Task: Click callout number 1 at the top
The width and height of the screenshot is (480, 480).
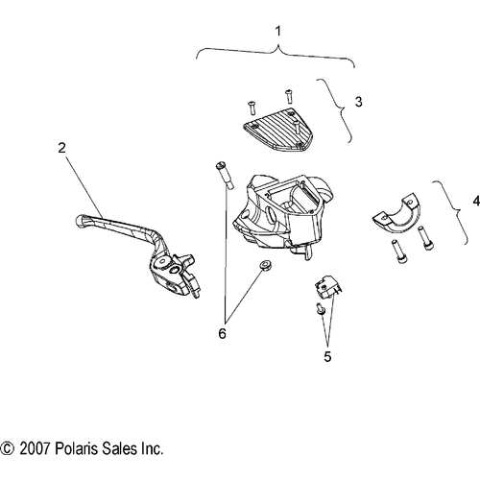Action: (x=278, y=32)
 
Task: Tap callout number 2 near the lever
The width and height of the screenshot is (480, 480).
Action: (x=61, y=148)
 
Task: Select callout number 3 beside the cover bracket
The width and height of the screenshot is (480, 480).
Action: (x=359, y=102)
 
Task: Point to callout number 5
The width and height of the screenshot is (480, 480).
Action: (x=327, y=356)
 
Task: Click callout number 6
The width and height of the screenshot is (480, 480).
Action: (x=222, y=333)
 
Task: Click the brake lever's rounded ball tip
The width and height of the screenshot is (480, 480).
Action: (x=81, y=221)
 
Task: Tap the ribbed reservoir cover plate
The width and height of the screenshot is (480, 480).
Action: (x=277, y=130)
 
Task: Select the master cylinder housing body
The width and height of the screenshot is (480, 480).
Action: (x=282, y=214)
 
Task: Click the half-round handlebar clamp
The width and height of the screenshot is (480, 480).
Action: (x=396, y=214)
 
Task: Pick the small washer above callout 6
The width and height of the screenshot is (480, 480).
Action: (x=265, y=265)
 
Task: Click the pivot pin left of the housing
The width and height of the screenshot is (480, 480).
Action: (x=225, y=176)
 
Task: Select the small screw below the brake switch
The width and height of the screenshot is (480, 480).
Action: (x=321, y=308)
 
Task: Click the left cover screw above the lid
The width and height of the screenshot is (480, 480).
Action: (x=252, y=108)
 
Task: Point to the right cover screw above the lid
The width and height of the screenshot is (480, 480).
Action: (x=289, y=96)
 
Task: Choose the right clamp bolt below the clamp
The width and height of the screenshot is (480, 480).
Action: (x=424, y=238)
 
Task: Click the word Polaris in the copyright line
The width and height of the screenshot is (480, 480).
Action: (x=76, y=448)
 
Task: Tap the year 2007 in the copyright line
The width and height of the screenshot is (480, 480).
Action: (x=35, y=448)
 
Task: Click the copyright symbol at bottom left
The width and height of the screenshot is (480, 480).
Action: (x=8, y=448)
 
